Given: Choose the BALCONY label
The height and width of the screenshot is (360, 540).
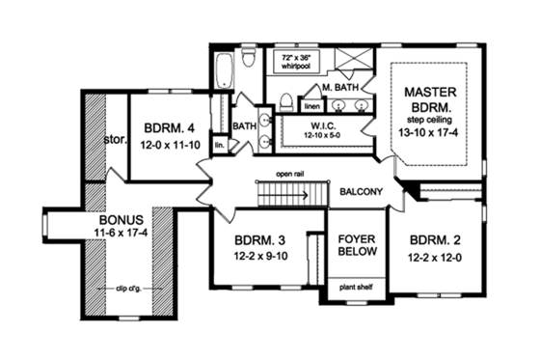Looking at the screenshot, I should [363, 191].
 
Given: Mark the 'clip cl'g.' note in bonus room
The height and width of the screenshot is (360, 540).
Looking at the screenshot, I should [122, 288].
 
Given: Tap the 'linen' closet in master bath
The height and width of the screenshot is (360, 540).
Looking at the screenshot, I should [312, 105].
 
